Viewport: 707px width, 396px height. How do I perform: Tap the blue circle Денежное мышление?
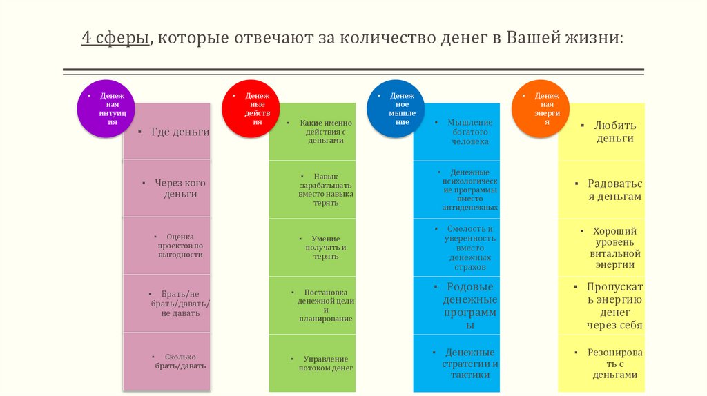coord(396,108)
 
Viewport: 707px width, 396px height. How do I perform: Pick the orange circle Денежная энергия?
coord(541,108)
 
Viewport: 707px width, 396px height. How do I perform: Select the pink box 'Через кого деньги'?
coord(167,188)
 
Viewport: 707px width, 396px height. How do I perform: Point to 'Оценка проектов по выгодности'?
coord(167,246)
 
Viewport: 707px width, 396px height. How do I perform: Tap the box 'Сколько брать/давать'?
coord(167,361)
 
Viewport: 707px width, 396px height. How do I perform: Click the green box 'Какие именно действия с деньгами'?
coord(312,132)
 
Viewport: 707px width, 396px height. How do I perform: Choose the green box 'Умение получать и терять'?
coord(312,247)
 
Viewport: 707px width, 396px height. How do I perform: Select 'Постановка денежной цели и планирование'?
coord(312,305)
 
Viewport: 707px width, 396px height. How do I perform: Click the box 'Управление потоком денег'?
coord(312,363)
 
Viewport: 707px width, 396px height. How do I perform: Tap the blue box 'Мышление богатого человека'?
coord(456,132)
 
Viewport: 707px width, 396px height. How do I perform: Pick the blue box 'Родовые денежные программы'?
coord(456,305)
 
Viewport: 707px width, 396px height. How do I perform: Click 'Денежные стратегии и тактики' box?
coord(456,363)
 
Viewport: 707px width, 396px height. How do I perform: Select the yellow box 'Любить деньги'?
coord(601,132)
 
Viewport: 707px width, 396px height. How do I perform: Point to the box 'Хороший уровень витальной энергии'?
coord(601,247)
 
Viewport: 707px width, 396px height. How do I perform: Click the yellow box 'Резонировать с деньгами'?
coord(601,363)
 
